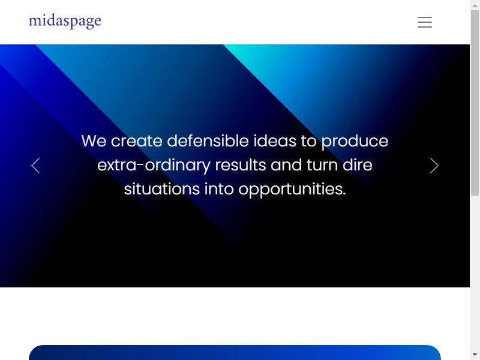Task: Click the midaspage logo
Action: pos(65,22)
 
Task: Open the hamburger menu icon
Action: pos(425,22)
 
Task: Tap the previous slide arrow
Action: pos(35,166)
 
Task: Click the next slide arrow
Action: pos(434,166)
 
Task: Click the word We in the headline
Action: pos(94,141)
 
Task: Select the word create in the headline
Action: pos(137,141)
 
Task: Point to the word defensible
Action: pos(208,141)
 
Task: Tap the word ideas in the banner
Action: pos(275,141)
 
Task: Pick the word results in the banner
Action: pos(241,165)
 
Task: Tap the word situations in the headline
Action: pos(162,189)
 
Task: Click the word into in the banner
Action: pos(219,189)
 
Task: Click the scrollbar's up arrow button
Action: pos(475,5)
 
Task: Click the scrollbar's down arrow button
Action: pos(475,355)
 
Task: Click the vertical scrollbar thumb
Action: pos(475,103)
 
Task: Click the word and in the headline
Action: pos(286,165)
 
